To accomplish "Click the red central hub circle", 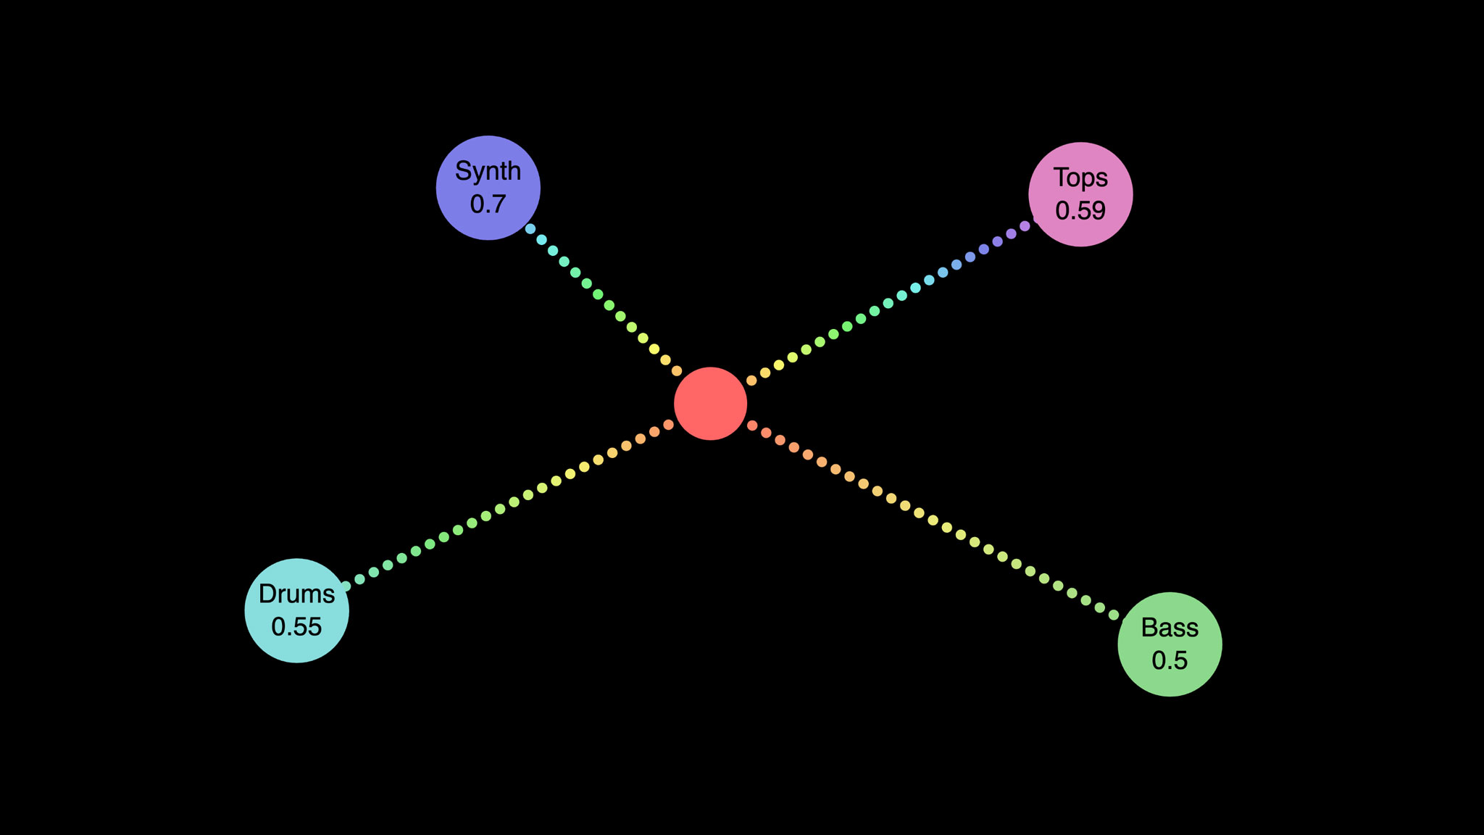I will pyautogui.click(x=710, y=404).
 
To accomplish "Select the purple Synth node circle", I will pyautogui.click(x=488, y=188).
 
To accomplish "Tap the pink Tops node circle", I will pyautogui.click(x=1080, y=194).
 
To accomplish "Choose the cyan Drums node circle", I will pyautogui.click(x=296, y=610).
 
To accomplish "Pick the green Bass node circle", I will pyautogui.click(x=1170, y=644).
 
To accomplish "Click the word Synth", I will pyautogui.click(x=488, y=171).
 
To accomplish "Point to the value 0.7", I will pyautogui.click(x=488, y=204).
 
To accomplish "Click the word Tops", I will pyautogui.click(x=1080, y=178).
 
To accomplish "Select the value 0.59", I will pyautogui.click(x=1080, y=211).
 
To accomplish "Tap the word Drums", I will pyautogui.click(x=296, y=594).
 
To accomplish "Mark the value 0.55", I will pyautogui.click(x=296, y=627).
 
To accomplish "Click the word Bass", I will pyautogui.click(x=1170, y=628).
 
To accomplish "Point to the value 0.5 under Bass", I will pyautogui.click(x=1170, y=660).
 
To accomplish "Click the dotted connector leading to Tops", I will pyautogui.click(x=888, y=304).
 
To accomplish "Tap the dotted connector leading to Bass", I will pyautogui.click(x=933, y=520).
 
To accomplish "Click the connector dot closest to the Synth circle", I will pyautogui.click(x=530, y=229).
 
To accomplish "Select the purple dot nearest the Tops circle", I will pyautogui.click(x=1025, y=226).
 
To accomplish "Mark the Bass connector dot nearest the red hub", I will pyautogui.click(x=752, y=425).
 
